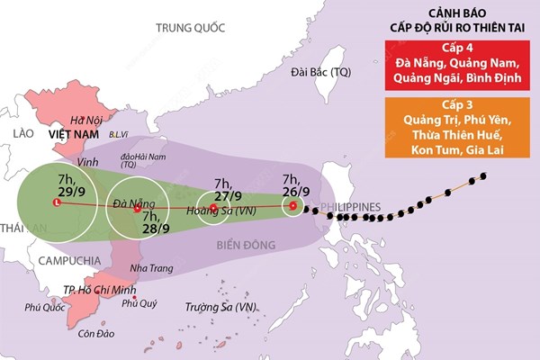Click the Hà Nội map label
pyautogui.click(x=87, y=120)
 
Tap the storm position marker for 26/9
pyautogui.click(x=292, y=207)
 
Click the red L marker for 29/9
pyautogui.click(x=57, y=203)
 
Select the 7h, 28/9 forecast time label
pyautogui.click(x=157, y=221)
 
